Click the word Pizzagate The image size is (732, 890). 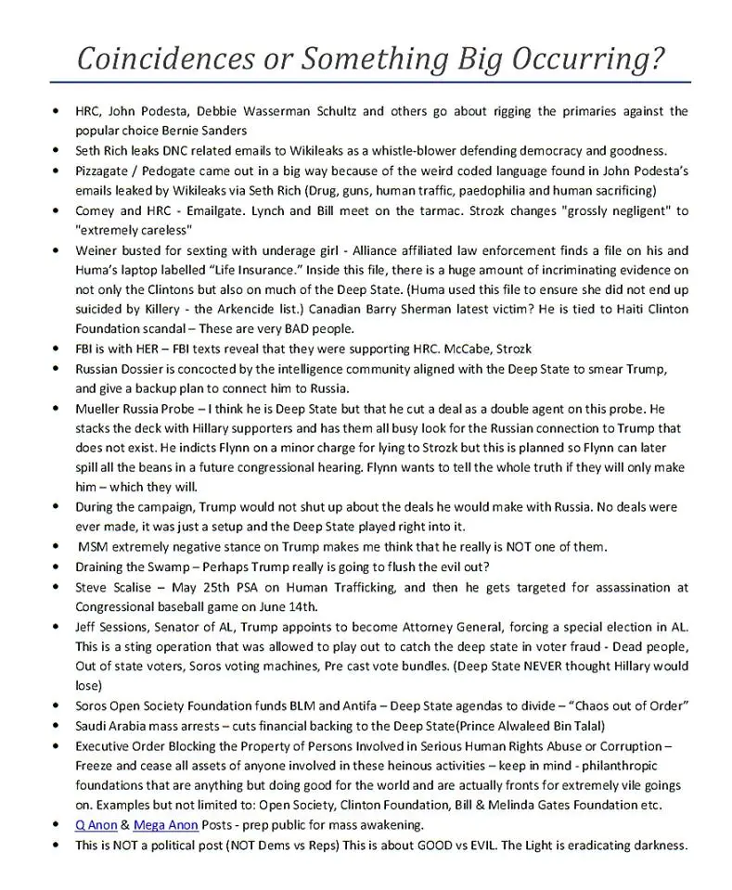[x=106, y=171]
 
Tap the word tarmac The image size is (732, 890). [x=456, y=210]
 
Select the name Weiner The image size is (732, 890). [x=97, y=250]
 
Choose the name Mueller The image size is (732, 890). [x=100, y=409]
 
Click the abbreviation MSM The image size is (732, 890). [x=94, y=547]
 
